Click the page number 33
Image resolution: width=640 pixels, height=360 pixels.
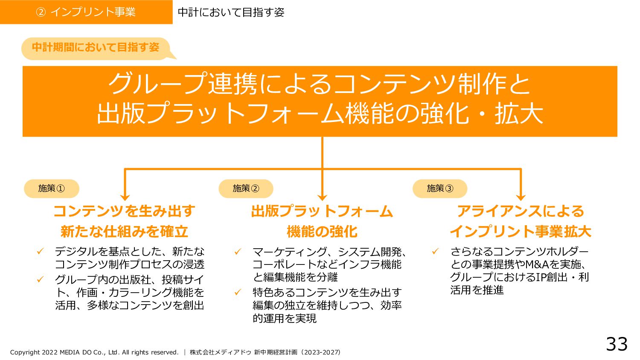[x=617, y=344]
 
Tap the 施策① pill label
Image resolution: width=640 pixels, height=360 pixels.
[x=52, y=189]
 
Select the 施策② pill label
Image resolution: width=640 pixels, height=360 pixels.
[x=246, y=189]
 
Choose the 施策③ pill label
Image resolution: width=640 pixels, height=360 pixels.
[x=440, y=189]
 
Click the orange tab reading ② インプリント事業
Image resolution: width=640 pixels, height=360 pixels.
[x=86, y=12]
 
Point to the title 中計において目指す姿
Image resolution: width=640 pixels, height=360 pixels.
[x=231, y=12]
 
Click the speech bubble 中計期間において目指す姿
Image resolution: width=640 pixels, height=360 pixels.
[x=96, y=47]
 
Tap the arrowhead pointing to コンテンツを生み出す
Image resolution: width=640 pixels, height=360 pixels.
[x=125, y=197]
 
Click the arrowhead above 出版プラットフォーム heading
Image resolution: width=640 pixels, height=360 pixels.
[x=322, y=197]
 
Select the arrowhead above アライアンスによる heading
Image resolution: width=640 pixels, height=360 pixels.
[x=521, y=197]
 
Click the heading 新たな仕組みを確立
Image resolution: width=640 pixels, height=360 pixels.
[x=124, y=232]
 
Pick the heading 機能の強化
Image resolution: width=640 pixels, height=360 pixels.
[x=322, y=232]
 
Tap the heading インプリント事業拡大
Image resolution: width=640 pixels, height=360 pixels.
[x=521, y=232]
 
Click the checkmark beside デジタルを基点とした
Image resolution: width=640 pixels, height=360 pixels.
[x=41, y=251]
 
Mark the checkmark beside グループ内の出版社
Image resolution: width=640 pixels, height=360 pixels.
[x=41, y=279]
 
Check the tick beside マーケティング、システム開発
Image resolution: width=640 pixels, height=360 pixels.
[x=238, y=252]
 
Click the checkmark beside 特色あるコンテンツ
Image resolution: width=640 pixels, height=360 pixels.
[x=238, y=292]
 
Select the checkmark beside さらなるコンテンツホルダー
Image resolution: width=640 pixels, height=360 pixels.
[x=435, y=251]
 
